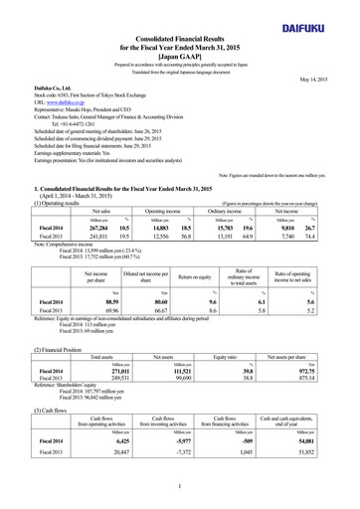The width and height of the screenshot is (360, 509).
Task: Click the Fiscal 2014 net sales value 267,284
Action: point(75,198)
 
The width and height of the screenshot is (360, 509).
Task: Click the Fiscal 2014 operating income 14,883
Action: point(138,198)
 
